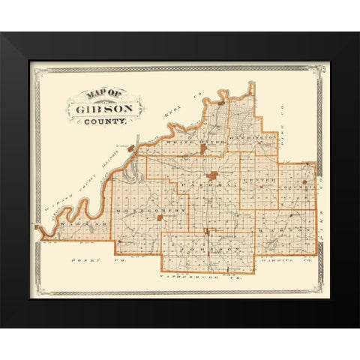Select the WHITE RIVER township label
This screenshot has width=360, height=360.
[176, 140]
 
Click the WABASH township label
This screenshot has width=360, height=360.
[76, 225]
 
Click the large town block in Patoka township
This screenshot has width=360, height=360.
[213, 175]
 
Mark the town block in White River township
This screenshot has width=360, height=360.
[202, 149]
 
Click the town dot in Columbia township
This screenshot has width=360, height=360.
[304, 181]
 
